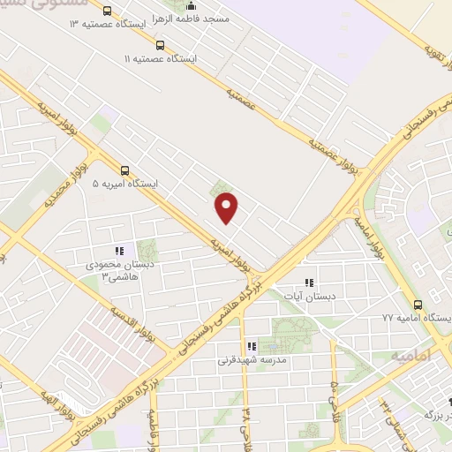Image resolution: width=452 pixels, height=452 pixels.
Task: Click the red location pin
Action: [227, 207]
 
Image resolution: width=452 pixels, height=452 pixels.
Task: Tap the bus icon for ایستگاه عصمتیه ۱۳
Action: [107, 11]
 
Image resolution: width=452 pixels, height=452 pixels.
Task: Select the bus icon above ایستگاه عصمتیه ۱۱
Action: [159, 44]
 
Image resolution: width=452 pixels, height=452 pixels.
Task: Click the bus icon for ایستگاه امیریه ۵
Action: [124, 171]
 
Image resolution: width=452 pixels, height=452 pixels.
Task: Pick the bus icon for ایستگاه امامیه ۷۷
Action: [418, 303]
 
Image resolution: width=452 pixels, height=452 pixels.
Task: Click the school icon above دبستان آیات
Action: [308, 283]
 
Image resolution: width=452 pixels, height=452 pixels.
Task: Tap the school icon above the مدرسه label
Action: [251, 347]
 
